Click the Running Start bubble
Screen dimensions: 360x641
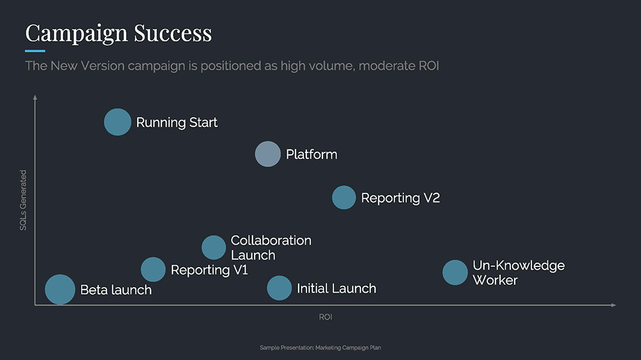coord(117,122)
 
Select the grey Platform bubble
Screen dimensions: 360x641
coord(268,154)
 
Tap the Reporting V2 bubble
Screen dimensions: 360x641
coord(344,197)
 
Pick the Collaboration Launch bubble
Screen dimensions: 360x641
coord(214,247)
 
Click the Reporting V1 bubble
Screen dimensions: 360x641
coord(153,270)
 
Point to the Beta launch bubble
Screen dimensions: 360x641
coord(60,290)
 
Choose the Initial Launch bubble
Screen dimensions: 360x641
coord(279,288)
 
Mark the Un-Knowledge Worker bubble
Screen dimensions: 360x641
coord(455,272)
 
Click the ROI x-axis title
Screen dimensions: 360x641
coord(326,317)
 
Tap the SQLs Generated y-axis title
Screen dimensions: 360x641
coord(23,200)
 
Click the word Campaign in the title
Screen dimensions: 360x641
coord(75,32)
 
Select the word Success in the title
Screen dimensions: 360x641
coord(173,32)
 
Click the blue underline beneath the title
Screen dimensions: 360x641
coord(35,51)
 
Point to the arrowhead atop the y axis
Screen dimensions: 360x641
coord(35,98)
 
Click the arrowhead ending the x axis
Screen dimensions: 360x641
coord(613,305)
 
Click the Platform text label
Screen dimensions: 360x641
coord(312,154)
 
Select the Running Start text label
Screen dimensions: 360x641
coord(177,122)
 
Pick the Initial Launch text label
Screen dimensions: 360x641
coord(337,288)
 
